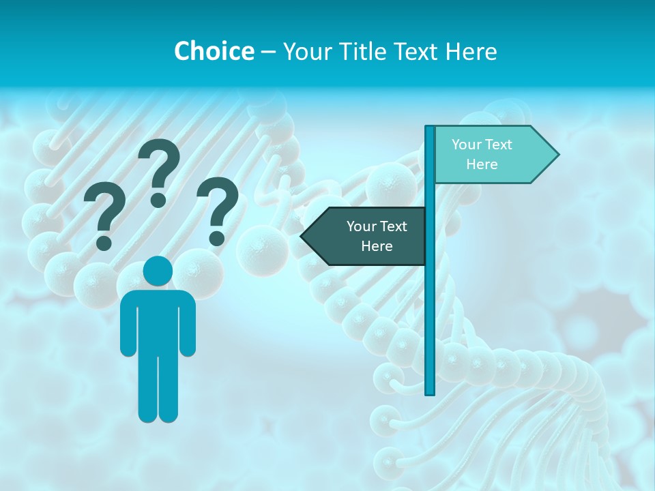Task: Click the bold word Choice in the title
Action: [214, 51]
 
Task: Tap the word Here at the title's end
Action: [471, 51]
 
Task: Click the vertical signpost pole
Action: [430, 307]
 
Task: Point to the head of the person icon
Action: [158, 271]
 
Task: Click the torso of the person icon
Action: [158, 321]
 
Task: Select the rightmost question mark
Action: [218, 205]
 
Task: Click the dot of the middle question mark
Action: [158, 200]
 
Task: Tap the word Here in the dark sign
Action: [377, 246]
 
